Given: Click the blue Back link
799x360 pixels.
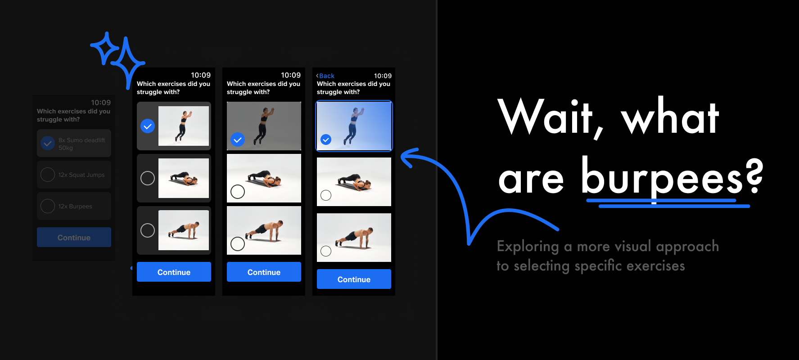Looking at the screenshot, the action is coord(325,76).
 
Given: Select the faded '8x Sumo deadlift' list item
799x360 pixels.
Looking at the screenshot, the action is coord(74,144).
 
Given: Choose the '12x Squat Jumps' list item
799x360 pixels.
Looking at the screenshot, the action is coord(74,175).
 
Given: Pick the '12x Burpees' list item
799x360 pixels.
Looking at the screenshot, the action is coord(74,206).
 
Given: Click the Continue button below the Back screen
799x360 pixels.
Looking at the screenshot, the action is coord(354,279).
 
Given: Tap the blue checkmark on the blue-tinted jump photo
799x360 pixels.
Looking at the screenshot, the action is coord(326,139).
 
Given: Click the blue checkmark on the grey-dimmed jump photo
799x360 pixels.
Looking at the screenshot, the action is coord(238,139).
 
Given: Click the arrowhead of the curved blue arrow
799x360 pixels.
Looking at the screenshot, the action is coord(407,158).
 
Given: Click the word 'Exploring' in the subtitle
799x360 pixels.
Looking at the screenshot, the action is coord(528,247).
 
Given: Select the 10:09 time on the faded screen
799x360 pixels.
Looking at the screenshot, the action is coord(101,103).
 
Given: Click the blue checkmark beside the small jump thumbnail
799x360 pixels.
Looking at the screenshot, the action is coord(148,126).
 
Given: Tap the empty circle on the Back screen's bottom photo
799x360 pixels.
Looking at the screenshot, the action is coord(326,251).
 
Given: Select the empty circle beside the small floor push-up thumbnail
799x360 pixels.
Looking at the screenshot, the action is coord(148,178).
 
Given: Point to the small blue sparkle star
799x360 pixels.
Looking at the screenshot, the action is coord(104,48).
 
